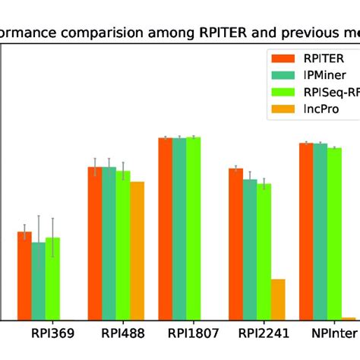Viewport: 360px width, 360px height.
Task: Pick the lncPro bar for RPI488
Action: [x=137, y=251]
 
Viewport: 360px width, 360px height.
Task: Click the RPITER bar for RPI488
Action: [x=95, y=243]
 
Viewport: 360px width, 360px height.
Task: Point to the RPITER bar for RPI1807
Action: [x=165, y=229]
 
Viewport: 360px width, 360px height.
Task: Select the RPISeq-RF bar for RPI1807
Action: [x=193, y=228]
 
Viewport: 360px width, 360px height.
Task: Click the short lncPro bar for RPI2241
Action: [x=278, y=299]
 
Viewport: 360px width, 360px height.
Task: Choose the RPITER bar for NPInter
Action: [x=306, y=231]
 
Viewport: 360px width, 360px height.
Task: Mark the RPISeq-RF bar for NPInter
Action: [x=334, y=233]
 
